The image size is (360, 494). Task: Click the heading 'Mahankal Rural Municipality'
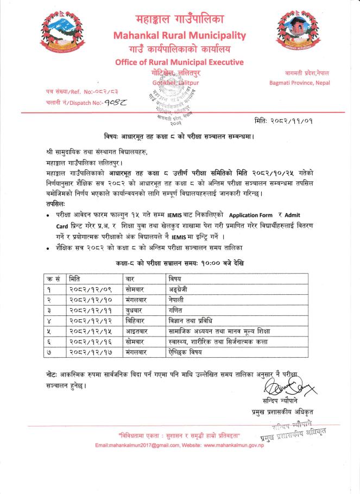tap(180, 36)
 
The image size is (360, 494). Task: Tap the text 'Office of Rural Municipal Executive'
tap(180, 62)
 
